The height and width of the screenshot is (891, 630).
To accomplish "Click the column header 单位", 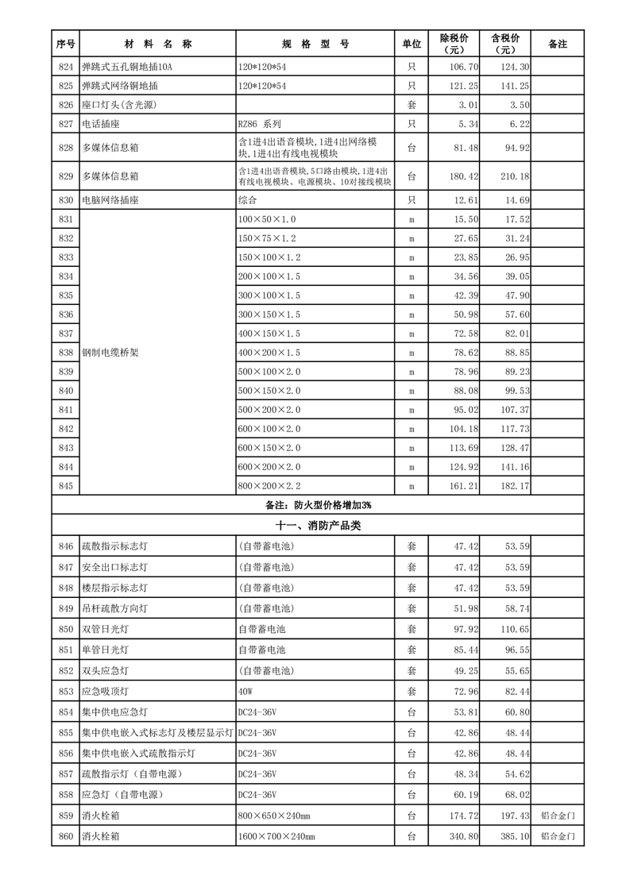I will click(412, 44).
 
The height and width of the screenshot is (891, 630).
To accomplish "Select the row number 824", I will click(66, 67).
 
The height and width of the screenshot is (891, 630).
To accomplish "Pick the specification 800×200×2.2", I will click(269, 485).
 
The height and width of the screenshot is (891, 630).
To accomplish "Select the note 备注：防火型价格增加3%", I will click(318, 505).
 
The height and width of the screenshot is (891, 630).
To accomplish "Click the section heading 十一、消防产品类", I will click(318, 526).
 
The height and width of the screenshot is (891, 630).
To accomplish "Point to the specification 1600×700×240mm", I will click(276, 836).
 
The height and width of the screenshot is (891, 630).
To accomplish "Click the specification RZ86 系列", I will click(260, 124).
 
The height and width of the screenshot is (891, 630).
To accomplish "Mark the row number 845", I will click(66, 485).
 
